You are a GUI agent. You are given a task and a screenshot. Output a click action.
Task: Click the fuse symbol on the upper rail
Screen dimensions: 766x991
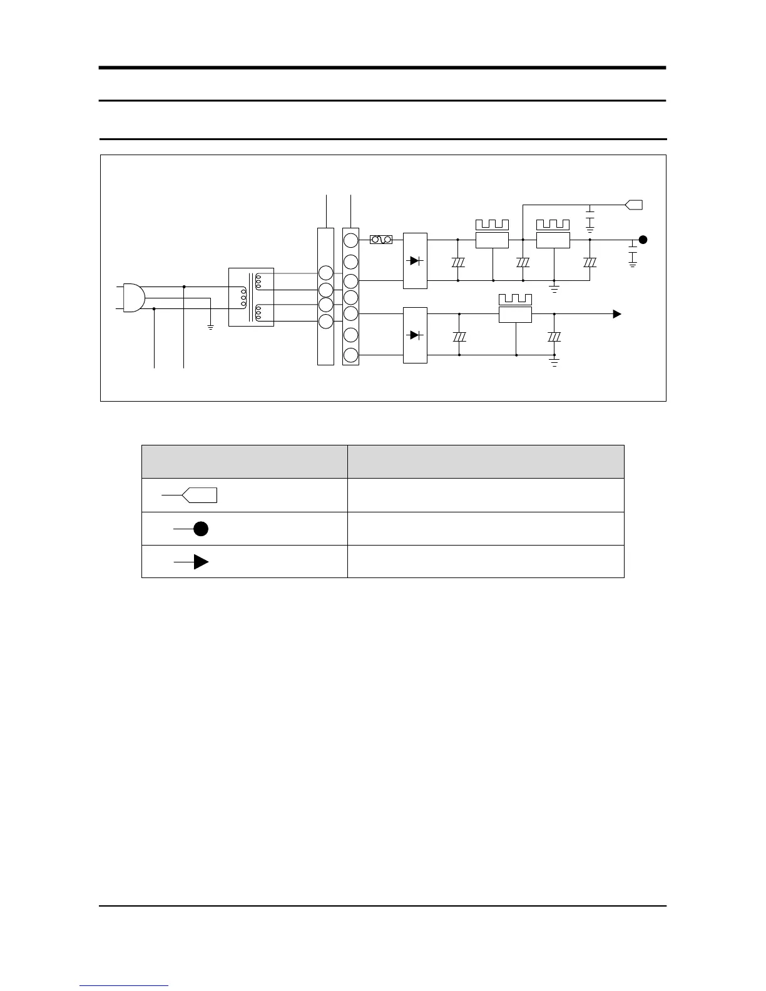click(x=381, y=240)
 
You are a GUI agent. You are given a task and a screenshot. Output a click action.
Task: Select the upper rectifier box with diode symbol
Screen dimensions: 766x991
click(x=415, y=260)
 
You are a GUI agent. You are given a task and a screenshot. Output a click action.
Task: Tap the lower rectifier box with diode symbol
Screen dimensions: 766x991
click(x=415, y=335)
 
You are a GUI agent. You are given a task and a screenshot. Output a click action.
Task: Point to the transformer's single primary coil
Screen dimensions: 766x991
click(x=242, y=297)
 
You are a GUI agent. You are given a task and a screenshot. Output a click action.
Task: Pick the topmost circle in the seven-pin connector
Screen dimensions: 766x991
click(x=351, y=240)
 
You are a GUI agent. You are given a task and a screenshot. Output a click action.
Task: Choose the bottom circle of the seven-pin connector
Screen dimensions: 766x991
click(x=351, y=355)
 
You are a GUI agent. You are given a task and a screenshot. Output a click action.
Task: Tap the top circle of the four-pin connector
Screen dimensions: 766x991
click(x=326, y=273)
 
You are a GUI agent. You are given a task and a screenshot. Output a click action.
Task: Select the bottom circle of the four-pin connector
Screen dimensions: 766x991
click(x=326, y=321)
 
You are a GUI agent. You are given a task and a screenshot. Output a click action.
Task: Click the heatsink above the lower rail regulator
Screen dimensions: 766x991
click(x=515, y=299)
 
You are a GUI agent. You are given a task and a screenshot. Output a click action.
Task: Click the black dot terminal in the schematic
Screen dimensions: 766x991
click(x=643, y=240)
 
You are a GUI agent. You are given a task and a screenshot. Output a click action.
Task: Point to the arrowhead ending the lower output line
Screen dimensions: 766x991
click(x=617, y=314)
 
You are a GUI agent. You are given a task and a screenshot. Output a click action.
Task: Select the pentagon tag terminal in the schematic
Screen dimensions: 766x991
click(x=634, y=204)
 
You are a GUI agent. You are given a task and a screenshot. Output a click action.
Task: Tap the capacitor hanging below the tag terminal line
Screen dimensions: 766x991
click(x=590, y=219)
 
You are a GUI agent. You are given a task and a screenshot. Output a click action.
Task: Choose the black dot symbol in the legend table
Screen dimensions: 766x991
click(x=200, y=529)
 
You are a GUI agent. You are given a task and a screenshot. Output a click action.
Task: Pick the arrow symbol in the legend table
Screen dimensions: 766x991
click(x=200, y=562)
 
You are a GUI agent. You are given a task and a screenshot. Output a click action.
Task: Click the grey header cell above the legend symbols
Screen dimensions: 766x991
click(x=244, y=461)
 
